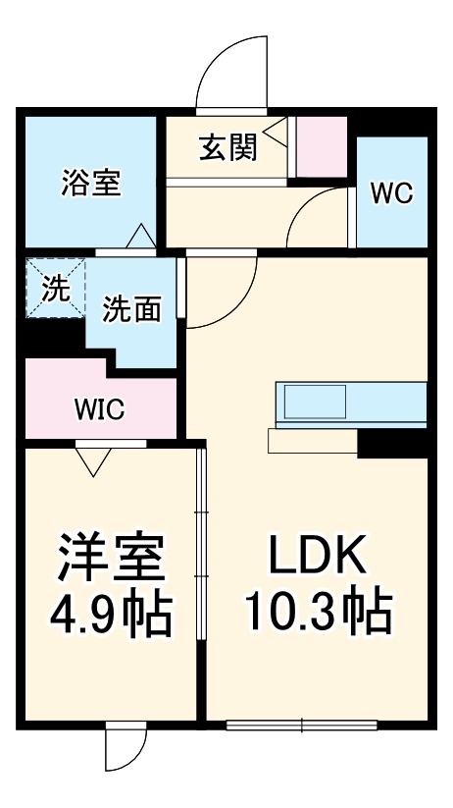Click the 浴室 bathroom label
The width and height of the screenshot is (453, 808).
91,183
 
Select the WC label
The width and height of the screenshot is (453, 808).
391,192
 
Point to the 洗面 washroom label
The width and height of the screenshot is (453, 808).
131,309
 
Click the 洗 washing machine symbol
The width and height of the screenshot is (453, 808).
56,288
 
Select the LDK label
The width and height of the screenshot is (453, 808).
318,559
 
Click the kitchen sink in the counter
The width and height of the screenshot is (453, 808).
315,402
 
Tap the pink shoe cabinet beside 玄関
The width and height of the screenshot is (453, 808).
322,147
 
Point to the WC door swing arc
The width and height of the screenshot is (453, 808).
316,210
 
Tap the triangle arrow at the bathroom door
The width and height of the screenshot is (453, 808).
139,236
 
